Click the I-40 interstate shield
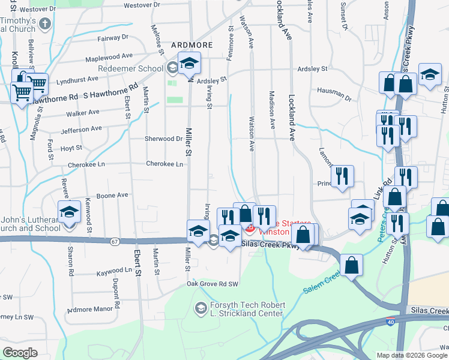coord(391,322)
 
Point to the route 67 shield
coord(115,241)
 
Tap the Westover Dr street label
coord(142,5)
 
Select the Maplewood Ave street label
coord(109,56)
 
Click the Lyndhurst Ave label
coord(77,79)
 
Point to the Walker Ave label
coord(83,112)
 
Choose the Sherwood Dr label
coord(163,139)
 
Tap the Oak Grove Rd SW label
coord(212,284)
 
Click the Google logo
coord(20,353)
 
